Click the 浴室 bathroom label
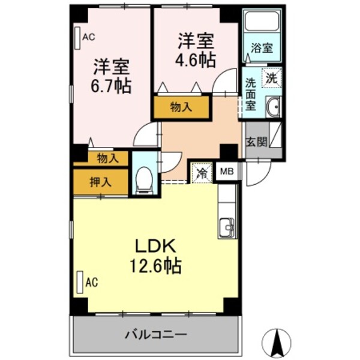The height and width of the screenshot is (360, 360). click(x=262, y=46)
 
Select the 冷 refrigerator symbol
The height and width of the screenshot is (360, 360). click(x=202, y=173)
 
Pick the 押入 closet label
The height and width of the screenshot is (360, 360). click(x=100, y=181)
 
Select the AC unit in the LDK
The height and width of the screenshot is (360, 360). click(x=80, y=281)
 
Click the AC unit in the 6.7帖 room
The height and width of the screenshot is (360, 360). click(x=78, y=38)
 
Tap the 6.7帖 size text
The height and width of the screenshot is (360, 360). click(x=111, y=85)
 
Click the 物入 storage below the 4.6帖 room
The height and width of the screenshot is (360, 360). click(x=181, y=107)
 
